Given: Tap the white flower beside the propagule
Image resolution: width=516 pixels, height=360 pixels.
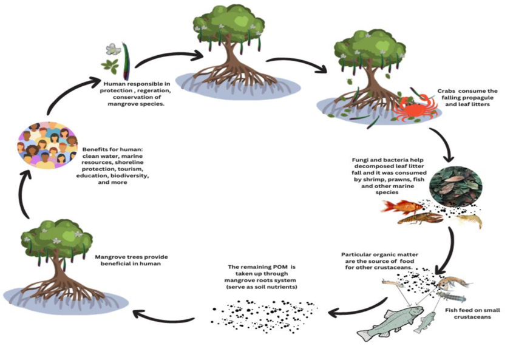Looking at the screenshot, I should pyautogui.click(x=113, y=49).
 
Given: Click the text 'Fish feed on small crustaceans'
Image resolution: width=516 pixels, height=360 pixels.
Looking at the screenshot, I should pyautogui.click(x=472, y=314).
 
